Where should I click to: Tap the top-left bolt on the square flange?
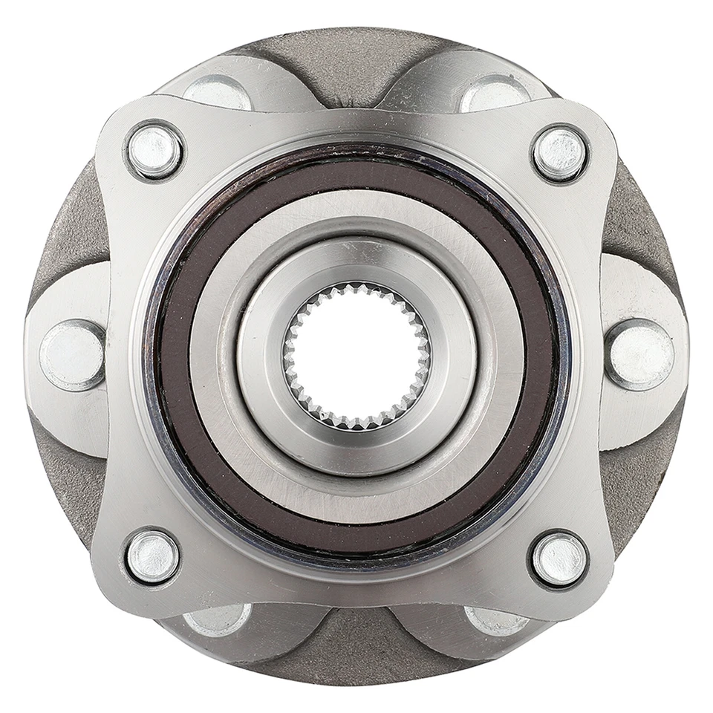click(x=154, y=151)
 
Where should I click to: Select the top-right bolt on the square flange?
click(x=560, y=154)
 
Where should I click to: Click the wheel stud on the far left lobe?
click(x=72, y=354)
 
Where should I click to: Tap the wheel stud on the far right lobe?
click(x=640, y=354)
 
